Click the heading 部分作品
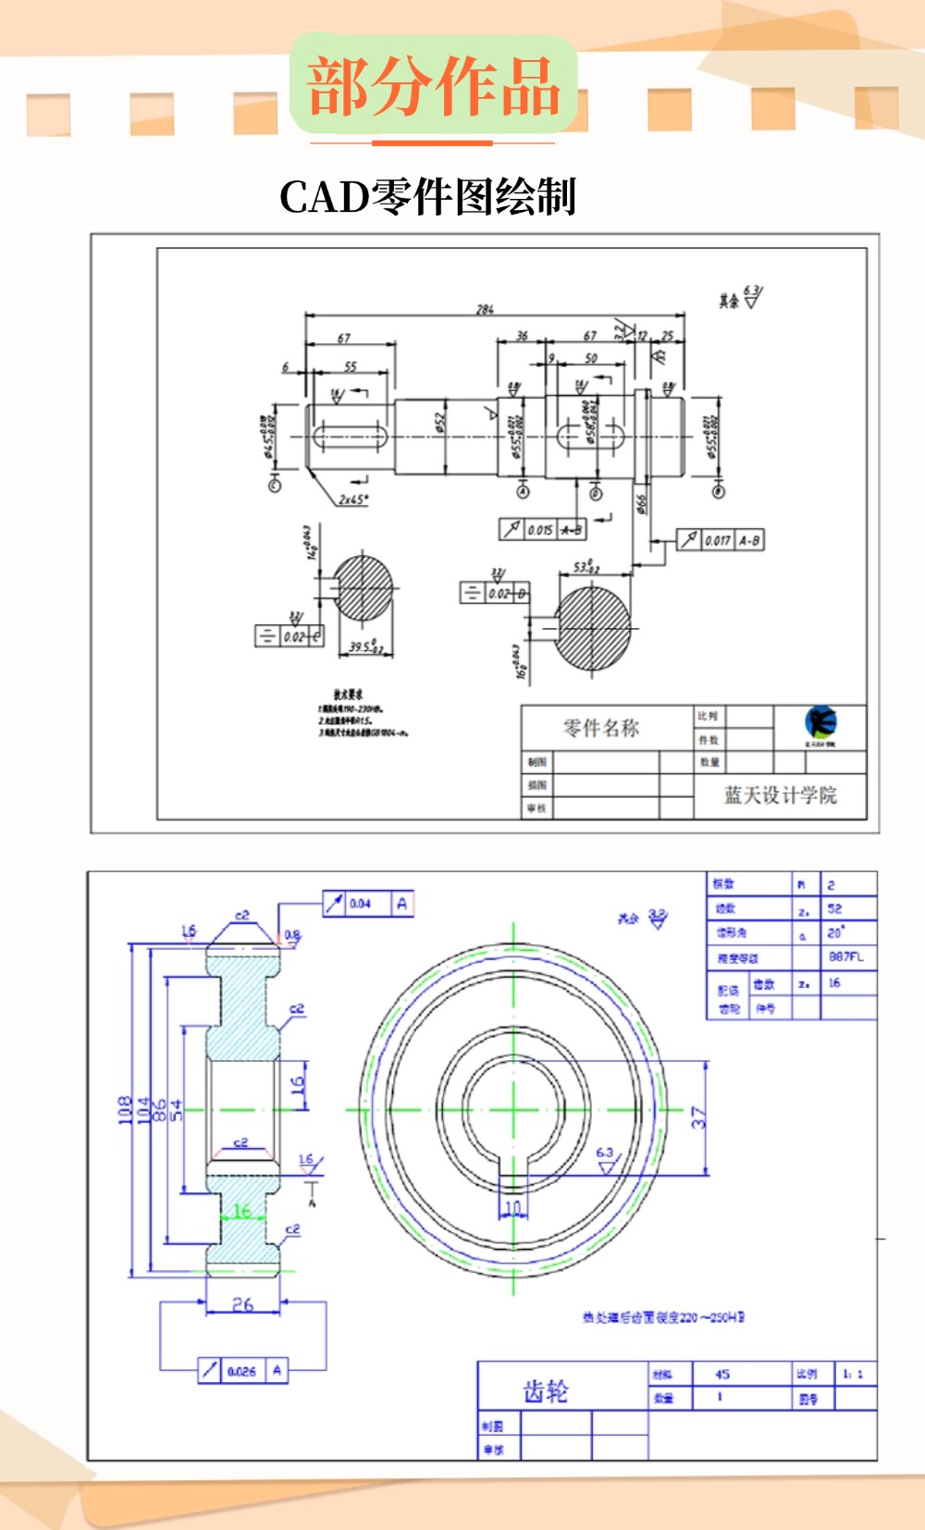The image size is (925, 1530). coord(433,86)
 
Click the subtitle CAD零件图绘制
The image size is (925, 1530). coord(427,197)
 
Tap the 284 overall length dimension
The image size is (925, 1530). coord(485,309)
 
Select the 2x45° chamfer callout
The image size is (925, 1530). coord(352,500)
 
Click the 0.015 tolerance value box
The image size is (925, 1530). coord(540,530)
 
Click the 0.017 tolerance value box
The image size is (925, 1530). coord(718,540)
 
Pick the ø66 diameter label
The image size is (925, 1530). coord(642,503)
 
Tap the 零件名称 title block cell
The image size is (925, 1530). coord(601,728)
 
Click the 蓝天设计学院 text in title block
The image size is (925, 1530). coord(780,796)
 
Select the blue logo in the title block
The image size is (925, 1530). coord(820,722)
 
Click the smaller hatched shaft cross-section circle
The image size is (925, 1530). coord(363,587)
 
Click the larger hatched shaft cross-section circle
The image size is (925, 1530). coord(593,629)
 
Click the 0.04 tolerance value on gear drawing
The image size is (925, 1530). coord(361,904)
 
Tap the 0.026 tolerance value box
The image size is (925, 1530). coord(241,1371)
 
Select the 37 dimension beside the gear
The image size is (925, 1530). coord(698,1117)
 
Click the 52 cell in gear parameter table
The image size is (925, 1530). coord(835,909)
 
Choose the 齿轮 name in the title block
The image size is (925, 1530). coord(546,1391)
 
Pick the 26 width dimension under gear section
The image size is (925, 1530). coord(242,1304)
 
